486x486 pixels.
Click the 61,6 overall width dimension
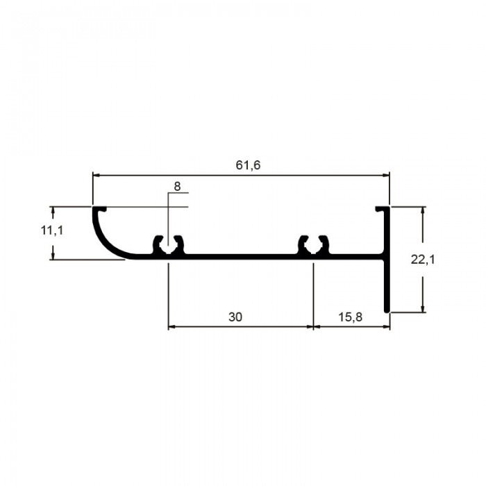(x=248, y=165)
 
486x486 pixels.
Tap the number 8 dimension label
(x=177, y=187)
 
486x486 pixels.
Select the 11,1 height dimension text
(x=52, y=231)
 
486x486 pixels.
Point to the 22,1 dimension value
(x=423, y=260)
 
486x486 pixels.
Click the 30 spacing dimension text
(x=235, y=317)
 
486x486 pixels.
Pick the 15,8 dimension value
(x=350, y=317)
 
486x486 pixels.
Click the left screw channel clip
(x=168, y=246)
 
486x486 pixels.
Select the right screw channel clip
(x=313, y=246)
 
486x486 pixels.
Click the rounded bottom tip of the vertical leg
(x=387, y=310)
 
